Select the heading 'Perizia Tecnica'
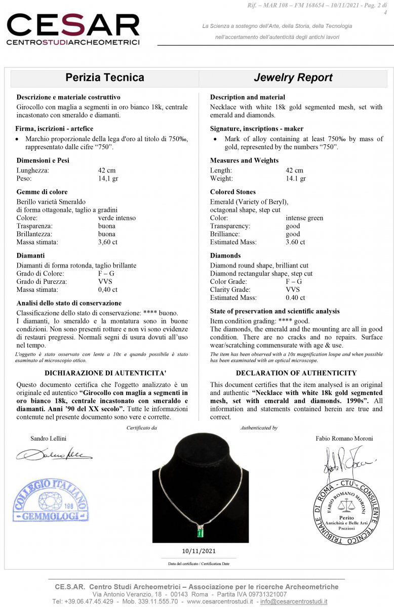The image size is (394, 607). (105, 77)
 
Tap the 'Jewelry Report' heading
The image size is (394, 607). (293, 77)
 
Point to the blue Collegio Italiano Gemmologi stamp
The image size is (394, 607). (51, 500)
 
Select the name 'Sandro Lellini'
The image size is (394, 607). (48, 439)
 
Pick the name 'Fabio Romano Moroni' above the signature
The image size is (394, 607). (344, 439)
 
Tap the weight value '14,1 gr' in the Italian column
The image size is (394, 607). (108, 179)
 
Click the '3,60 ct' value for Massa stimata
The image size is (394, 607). (107, 242)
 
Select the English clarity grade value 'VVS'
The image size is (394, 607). (293, 290)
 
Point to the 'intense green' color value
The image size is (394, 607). (304, 218)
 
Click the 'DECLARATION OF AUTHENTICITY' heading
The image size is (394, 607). (296, 373)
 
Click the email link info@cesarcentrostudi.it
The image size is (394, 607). (294, 602)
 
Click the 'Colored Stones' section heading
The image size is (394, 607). (233, 192)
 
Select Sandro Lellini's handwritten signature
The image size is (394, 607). (53, 453)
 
